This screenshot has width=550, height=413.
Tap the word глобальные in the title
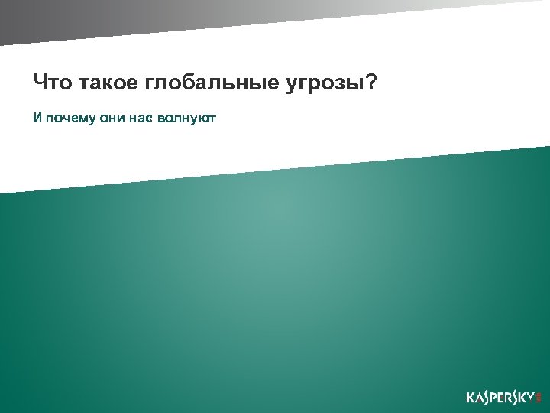(x=201, y=83)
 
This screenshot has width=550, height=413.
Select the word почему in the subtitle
(x=66, y=119)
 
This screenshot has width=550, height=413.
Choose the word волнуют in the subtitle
(x=186, y=119)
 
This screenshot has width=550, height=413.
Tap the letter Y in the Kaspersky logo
(x=532, y=398)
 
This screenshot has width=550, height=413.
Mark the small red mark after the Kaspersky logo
(x=539, y=398)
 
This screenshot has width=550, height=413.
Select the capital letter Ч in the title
(x=39, y=82)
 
